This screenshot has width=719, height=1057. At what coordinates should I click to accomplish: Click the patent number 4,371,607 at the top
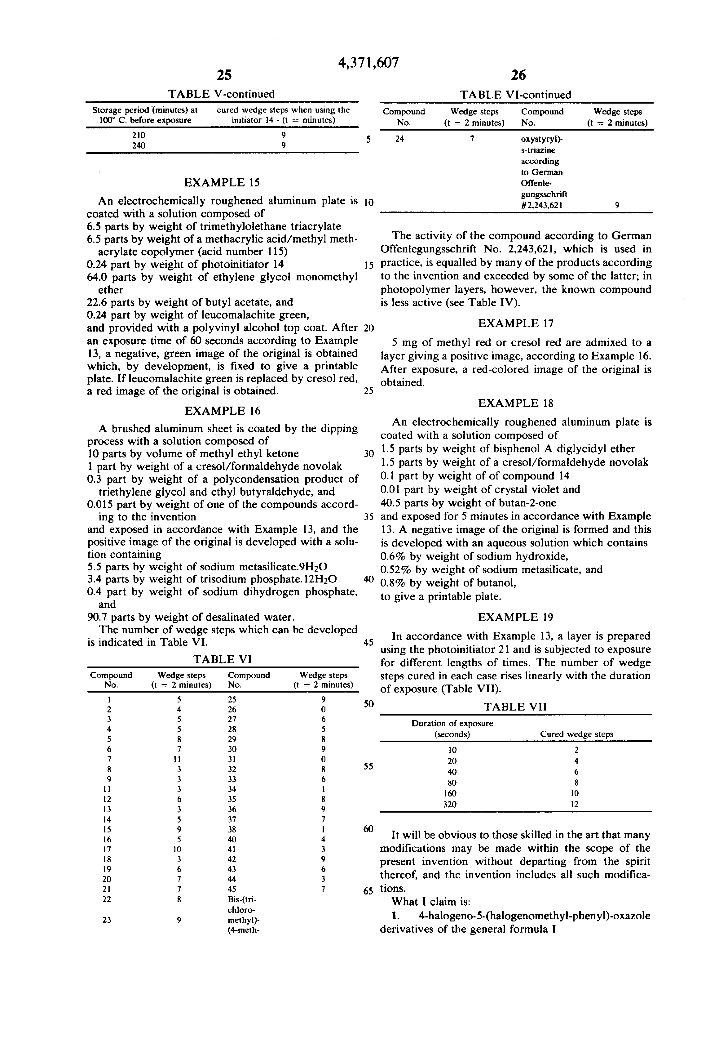click(x=368, y=62)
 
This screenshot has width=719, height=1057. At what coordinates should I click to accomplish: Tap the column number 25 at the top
click(x=224, y=75)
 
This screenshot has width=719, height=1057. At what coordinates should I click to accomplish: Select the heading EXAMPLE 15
click(x=222, y=183)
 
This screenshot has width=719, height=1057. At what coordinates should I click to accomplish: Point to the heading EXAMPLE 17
click(x=515, y=323)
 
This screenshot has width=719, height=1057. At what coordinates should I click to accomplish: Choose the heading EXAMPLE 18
click(x=515, y=404)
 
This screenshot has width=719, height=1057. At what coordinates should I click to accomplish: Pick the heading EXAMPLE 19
click(x=515, y=617)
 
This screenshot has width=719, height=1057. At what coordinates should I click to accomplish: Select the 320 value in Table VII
click(x=450, y=804)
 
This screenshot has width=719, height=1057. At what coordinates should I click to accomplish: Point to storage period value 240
click(x=139, y=145)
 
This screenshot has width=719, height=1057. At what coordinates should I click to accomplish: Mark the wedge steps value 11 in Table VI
click(x=179, y=759)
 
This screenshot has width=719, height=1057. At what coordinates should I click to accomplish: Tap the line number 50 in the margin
click(x=368, y=704)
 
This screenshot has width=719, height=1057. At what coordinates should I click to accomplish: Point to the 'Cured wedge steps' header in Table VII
click(x=576, y=734)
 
